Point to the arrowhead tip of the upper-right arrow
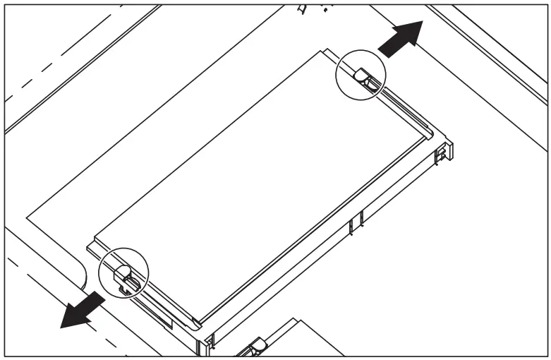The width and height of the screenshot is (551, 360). click(x=422, y=21)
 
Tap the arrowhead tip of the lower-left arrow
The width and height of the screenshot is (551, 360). click(x=61, y=328)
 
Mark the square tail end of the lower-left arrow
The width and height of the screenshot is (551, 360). click(x=101, y=301)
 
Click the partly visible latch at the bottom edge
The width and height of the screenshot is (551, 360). click(x=254, y=347)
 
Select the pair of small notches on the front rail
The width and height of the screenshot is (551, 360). click(x=356, y=222)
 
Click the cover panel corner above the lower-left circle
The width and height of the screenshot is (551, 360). click(x=95, y=237)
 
